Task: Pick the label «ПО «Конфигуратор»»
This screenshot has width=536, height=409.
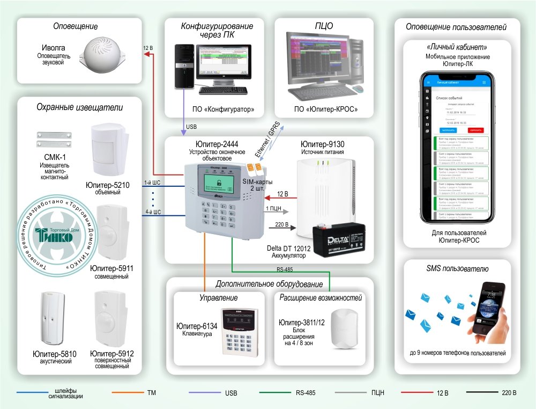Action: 223,109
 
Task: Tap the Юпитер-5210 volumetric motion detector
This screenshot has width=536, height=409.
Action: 109,150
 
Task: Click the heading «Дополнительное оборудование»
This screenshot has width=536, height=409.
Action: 269,284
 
